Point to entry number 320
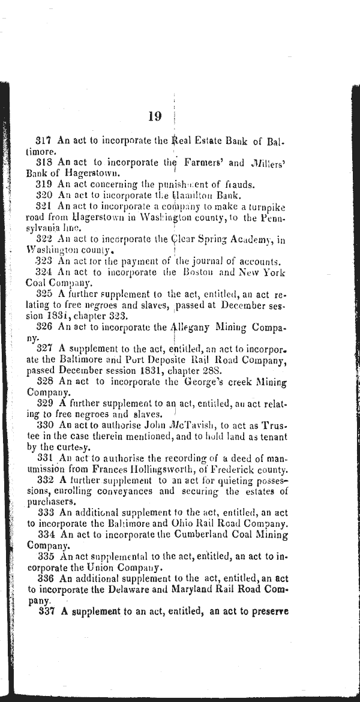point(45,194)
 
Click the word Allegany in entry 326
point(196,327)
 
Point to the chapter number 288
point(217,371)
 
